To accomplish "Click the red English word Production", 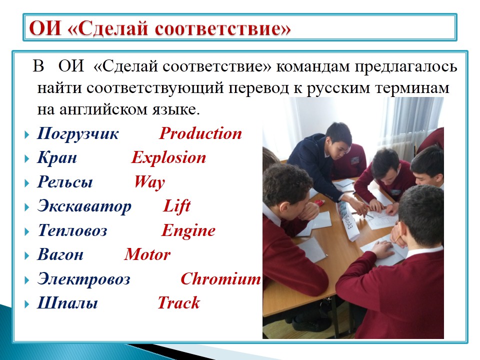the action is click(x=200, y=133).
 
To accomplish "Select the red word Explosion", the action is click(x=168, y=158).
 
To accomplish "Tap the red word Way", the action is click(x=149, y=182).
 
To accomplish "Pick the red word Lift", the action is click(x=177, y=205).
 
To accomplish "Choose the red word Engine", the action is click(x=188, y=231).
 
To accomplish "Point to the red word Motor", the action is click(x=147, y=254).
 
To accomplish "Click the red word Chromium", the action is click(x=220, y=279).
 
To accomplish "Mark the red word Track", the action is click(x=179, y=303).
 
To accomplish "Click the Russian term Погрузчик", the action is click(x=78, y=134).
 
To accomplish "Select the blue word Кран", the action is click(x=57, y=158).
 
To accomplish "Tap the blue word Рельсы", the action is click(x=65, y=182).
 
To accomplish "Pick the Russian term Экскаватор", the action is click(x=84, y=206).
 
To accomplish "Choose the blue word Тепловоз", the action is click(x=72, y=230).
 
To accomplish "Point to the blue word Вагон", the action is click(x=60, y=254).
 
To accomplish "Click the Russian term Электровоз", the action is click(x=84, y=279).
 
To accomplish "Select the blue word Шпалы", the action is click(x=67, y=303).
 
